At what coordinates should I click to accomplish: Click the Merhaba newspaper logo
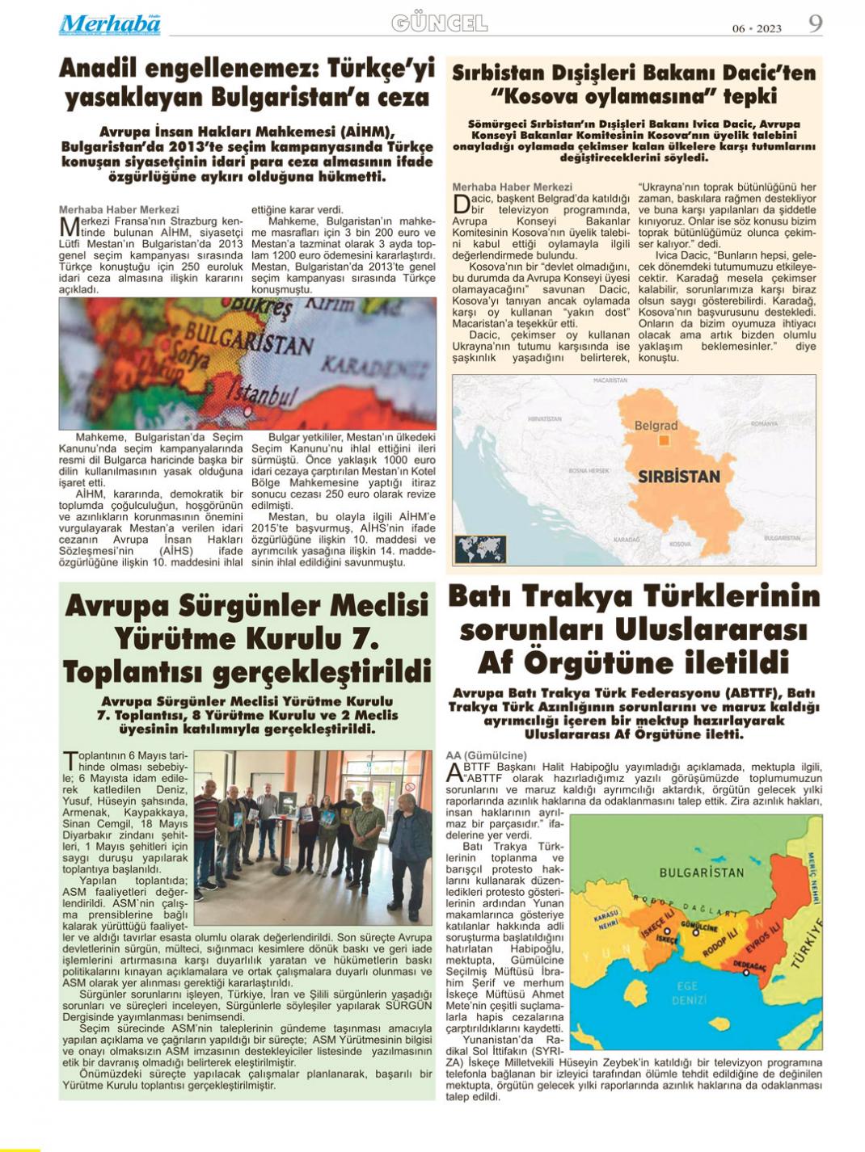pos(109,25)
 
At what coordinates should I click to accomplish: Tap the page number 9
pos(815,23)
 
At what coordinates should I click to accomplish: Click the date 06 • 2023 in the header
pos(757,28)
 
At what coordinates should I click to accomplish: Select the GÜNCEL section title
pos(439,23)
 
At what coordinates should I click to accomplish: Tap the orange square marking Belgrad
pos(664,440)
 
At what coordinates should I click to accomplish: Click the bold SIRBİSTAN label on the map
pos(678,476)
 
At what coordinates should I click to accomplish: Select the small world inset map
pos(480,549)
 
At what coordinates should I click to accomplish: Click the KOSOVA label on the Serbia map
pos(680,544)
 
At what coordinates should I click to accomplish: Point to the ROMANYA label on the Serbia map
pos(763,423)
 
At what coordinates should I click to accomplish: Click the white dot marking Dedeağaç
pos(745,973)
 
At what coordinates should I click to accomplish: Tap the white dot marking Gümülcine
pos(694,932)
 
